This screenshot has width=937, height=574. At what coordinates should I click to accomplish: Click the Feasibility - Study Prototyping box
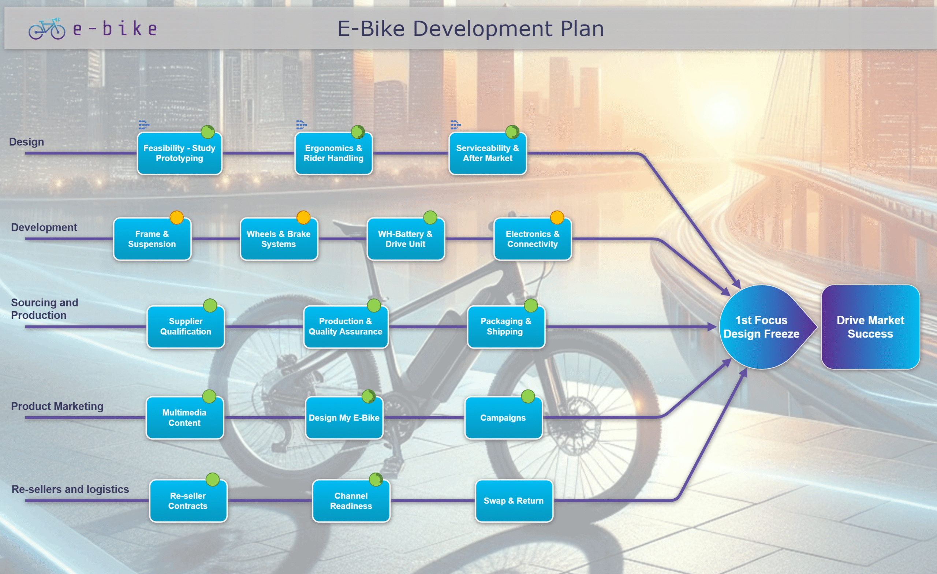(x=179, y=153)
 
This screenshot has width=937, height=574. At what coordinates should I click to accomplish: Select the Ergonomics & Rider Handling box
(x=333, y=153)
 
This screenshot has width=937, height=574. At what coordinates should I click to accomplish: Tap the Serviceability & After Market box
(x=488, y=153)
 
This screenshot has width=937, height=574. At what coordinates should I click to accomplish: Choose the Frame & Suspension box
(x=152, y=239)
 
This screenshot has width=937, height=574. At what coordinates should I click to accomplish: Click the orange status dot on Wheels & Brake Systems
(x=303, y=217)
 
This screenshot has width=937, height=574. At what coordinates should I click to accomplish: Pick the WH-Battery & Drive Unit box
(x=406, y=239)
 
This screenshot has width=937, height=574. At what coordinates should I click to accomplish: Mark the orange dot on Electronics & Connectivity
(x=557, y=217)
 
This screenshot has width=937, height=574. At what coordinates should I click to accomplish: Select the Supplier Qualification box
(x=186, y=327)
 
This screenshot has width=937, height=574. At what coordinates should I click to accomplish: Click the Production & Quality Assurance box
(x=345, y=327)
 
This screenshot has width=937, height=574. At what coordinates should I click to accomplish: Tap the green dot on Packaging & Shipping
(x=530, y=305)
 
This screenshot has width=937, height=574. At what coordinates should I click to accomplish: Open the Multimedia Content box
(x=184, y=418)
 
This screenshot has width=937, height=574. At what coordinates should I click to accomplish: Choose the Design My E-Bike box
(x=344, y=418)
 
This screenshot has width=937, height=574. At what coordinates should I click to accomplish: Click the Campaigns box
(x=503, y=418)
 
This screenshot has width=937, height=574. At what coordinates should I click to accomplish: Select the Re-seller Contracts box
(x=188, y=501)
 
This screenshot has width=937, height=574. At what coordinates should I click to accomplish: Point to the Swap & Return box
(x=514, y=501)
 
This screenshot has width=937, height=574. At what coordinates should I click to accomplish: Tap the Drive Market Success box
(x=870, y=327)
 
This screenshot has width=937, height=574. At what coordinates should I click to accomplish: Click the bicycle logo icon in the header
(x=47, y=29)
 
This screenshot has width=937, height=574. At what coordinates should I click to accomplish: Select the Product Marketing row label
(x=57, y=406)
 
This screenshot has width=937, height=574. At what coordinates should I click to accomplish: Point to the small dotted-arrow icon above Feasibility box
(x=144, y=124)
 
